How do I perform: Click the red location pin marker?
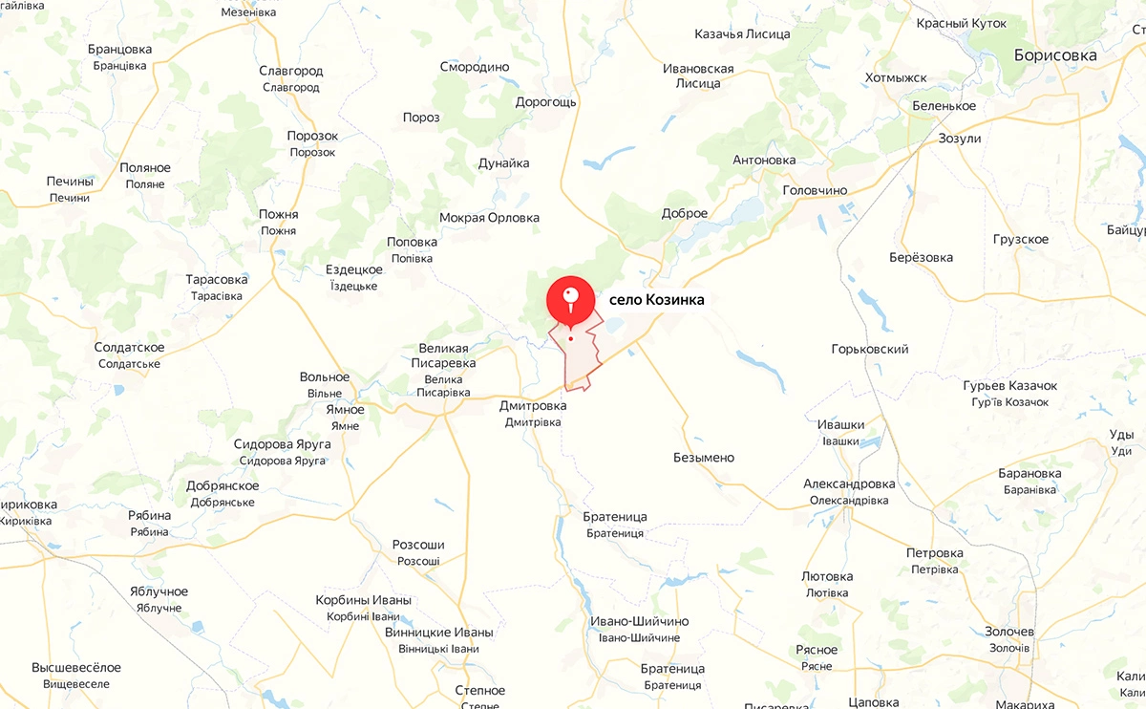570,299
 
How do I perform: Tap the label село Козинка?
656,300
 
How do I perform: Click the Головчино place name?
815,190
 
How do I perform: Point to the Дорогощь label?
545,102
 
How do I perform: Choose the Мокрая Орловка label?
489,218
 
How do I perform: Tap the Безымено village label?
704,458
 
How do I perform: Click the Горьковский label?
870,350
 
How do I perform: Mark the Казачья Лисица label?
742,34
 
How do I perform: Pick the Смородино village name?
475,67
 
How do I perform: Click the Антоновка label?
764,160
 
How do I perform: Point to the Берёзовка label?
921,257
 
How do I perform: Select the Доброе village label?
685,213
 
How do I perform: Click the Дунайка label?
504,163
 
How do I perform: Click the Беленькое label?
944,106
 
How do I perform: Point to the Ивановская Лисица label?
698,75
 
